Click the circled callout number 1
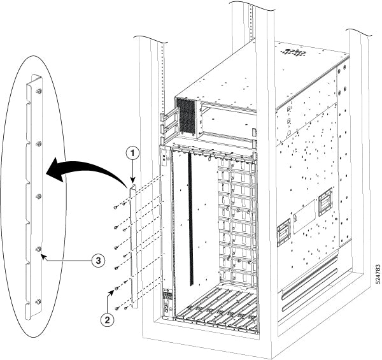(x=132, y=154)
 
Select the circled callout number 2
(x=110, y=314)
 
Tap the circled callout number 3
(x=97, y=259)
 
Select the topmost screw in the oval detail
(x=38, y=91)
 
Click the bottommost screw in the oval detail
(x=38, y=301)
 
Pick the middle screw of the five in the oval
(x=38, y=196)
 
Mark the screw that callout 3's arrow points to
(x=38, y=248)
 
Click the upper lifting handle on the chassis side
(x=325, y=199)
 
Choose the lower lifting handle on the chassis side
(x=283, y=234)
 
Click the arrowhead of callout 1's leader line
(x=132, y=184)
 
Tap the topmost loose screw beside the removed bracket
(x=115, y=206)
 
